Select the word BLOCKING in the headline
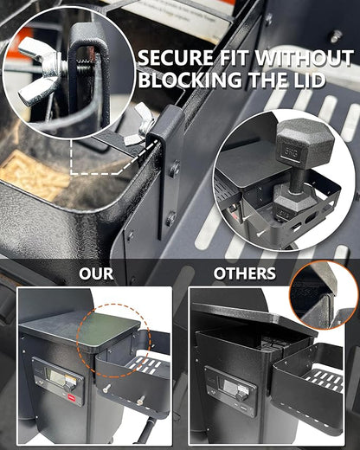pos(191,80)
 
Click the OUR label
pos(96,273)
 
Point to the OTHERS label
pos(245,273)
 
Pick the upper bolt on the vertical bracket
pos(175,168)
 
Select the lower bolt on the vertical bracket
pos(170,217)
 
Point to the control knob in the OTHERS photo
pos(241,397)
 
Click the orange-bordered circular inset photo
pos(325,295)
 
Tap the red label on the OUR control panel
pos(70,397)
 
